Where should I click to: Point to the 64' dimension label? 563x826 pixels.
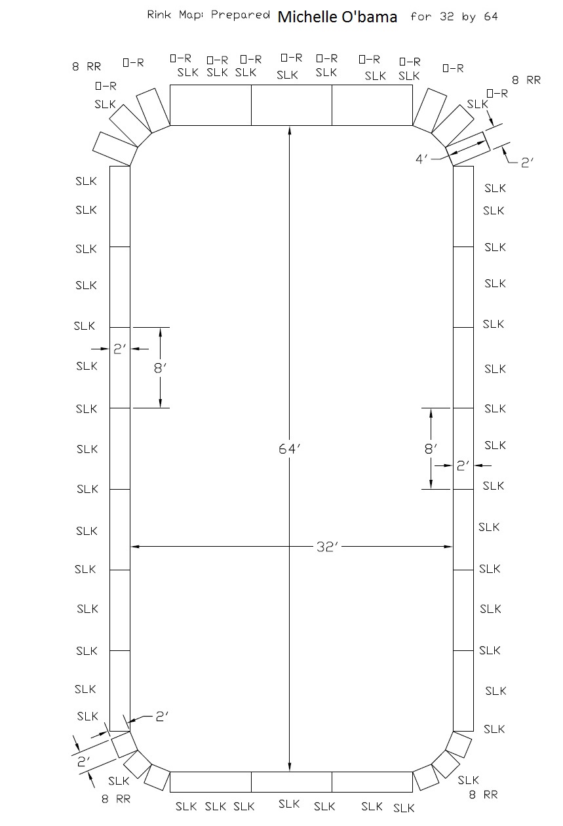click(x=289, y=449)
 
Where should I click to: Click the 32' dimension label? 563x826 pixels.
click(x=326, y=547)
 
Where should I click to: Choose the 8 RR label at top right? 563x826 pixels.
click(x=526, y=81)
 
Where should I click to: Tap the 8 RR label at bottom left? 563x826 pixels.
click(x=116, y=799)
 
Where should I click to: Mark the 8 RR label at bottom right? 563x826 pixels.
click(x=484, y=795)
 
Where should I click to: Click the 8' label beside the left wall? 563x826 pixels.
click(x=159, y=368)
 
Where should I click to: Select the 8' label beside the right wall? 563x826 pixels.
click(x=430, y=450)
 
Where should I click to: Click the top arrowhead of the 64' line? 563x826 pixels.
click(x=290, y=129)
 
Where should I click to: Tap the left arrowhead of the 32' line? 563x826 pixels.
click(x=134, y=546)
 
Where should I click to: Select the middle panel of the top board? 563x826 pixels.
click(x=292, y=105)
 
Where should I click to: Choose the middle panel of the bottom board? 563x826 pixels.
click(x=292, y=782)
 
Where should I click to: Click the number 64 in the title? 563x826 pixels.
click(x=490, y=17)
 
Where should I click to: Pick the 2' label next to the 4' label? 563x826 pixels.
click(x=528, y=162)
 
